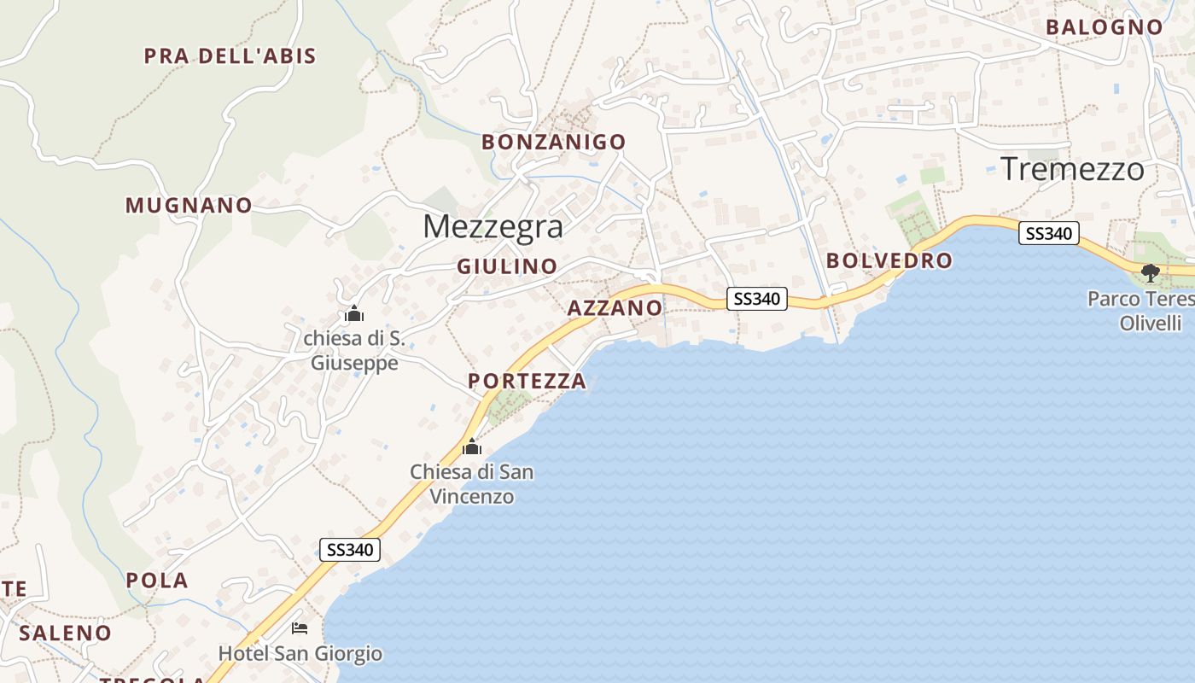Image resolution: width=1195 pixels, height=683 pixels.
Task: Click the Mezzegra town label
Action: (x=493, y=226)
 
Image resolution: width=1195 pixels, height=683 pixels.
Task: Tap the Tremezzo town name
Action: (x=1071, y=169)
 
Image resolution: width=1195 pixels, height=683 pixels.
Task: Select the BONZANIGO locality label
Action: (x=553, y=142)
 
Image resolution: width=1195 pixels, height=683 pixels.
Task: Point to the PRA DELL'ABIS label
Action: (x=230, y=56)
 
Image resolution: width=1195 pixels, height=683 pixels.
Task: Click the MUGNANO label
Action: (x=189, y=206)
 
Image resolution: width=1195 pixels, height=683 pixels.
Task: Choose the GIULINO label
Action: (x=507, y=266)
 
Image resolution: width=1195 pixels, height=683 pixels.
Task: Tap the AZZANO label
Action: (x=615, y=308)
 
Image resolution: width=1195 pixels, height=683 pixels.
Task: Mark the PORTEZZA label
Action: (x=527, y=382)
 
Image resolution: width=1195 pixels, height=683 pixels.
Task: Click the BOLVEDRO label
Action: (x=889, y=260)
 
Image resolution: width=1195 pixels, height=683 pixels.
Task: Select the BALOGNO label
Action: (x=1105, y=26)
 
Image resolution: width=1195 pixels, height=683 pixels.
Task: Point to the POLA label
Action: (x=157, y=581)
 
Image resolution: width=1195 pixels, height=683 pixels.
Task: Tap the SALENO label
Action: (x=65, y=633)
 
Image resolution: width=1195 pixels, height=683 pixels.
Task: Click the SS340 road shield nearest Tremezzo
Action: (x=1048, y=233)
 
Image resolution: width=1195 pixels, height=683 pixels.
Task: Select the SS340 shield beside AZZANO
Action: (x=756, y=299)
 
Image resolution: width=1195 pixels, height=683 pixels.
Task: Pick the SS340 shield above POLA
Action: (x=349, y=550)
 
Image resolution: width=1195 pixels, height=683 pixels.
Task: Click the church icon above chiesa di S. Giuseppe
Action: (x=353, y=314)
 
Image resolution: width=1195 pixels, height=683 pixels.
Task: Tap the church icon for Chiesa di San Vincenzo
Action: (x=471, y=447)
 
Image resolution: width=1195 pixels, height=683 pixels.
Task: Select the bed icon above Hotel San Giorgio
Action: (x=299, y=628)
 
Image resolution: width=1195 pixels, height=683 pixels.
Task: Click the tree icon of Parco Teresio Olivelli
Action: (x=1150, y=273)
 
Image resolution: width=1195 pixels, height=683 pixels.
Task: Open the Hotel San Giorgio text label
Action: (x=300, y=655)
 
